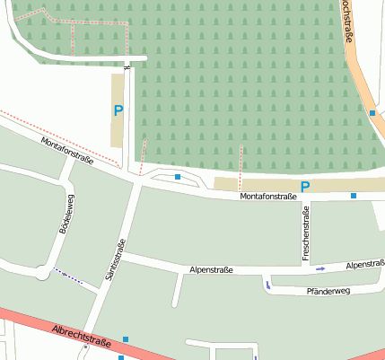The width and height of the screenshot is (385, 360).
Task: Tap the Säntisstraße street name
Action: click(x=115, y=261)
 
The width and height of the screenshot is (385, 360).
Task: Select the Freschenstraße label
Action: click(x=306, y=233)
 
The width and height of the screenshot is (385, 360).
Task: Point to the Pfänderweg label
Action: click(x=328, y=292)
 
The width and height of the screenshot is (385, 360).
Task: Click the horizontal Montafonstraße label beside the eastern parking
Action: click(x=268, y=196)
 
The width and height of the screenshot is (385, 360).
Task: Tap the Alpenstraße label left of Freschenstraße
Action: click(x=212, y=269)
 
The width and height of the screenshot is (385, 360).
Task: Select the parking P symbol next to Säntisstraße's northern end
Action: click(x=118, y=111)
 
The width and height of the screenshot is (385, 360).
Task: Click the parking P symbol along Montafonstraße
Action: click(x=305, y=187)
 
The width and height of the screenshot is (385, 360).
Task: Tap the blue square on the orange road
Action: click(x=372, y=113)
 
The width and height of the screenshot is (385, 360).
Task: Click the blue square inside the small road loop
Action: click(x=178, y=177)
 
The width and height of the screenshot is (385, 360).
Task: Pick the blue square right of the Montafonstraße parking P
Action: click(x=354, y=195)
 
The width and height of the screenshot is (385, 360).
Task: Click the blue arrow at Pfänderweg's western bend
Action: click(x=267, y=285)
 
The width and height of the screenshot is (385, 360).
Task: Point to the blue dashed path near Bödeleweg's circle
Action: click(x=67, y=276)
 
